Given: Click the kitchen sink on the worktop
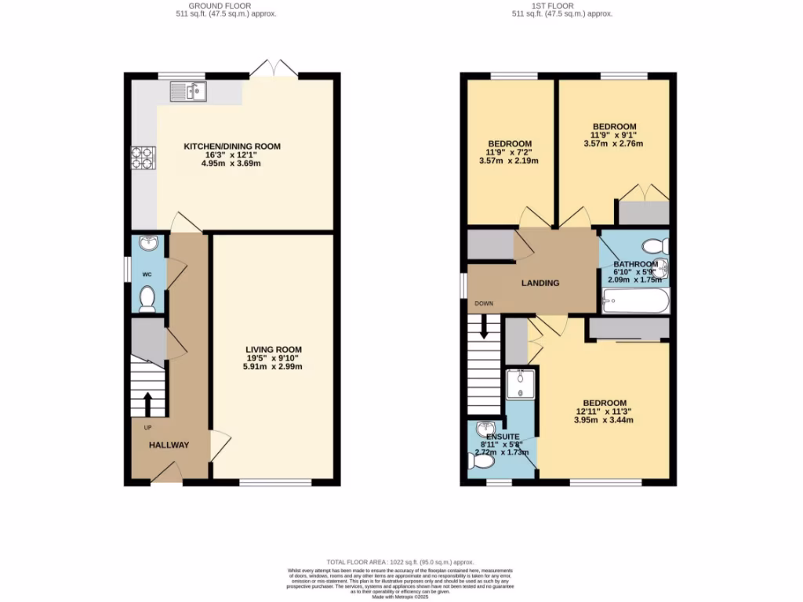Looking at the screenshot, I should point(187,92).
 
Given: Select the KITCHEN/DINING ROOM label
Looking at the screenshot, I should point(231,147).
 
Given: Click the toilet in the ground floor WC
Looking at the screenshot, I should point(146,298).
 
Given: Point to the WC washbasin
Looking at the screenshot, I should point(147,244).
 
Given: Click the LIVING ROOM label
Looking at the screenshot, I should point(273,350).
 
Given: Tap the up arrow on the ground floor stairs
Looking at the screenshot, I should point(148,404).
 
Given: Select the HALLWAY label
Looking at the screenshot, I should point(169,445).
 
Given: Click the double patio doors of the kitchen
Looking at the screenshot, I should point(274,70).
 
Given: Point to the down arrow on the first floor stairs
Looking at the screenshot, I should point(484,326).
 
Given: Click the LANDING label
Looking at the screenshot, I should point(541,283).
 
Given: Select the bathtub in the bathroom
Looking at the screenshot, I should point(635,300).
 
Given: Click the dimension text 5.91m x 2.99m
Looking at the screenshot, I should point(273,367).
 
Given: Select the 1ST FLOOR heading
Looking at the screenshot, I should point(561,5).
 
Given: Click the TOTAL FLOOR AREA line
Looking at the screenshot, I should point(401,562).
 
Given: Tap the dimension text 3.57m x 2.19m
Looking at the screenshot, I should point(509,161).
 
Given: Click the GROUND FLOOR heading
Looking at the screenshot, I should point(227,5).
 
